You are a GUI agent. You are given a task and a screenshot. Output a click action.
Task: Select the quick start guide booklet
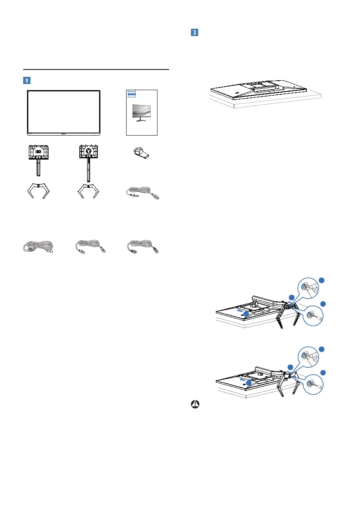pyautogui.click(x=142, y=112)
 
